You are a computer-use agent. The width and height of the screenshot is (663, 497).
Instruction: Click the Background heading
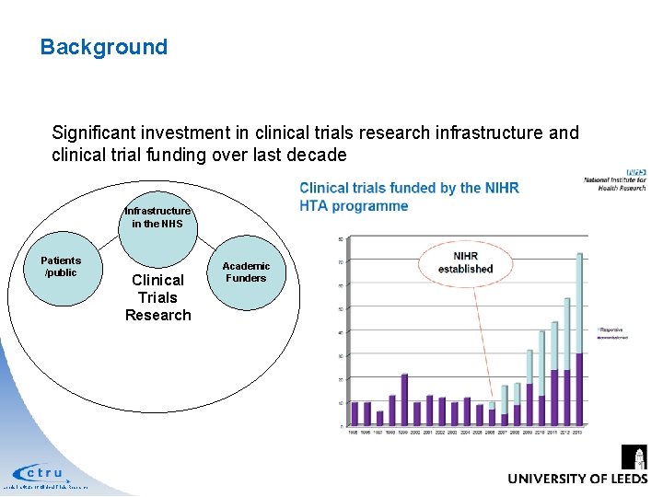click(104, 47)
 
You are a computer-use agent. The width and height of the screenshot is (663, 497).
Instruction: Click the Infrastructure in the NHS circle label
click(157, 217)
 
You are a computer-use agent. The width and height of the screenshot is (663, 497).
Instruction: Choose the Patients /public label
click(61, 267)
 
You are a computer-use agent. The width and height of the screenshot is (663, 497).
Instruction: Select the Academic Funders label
click(245, 272)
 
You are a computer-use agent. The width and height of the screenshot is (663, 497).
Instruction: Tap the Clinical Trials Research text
click(157, 297)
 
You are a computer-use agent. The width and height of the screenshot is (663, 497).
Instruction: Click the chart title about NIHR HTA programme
click(409, 196)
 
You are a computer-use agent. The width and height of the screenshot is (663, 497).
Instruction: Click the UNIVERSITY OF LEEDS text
click(577, 479)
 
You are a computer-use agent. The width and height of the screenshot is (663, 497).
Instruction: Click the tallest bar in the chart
click(580, 340)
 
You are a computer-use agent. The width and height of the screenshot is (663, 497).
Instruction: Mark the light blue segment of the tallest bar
click(580, 303)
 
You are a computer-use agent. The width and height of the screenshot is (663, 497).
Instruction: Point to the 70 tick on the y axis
click(343, 262)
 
